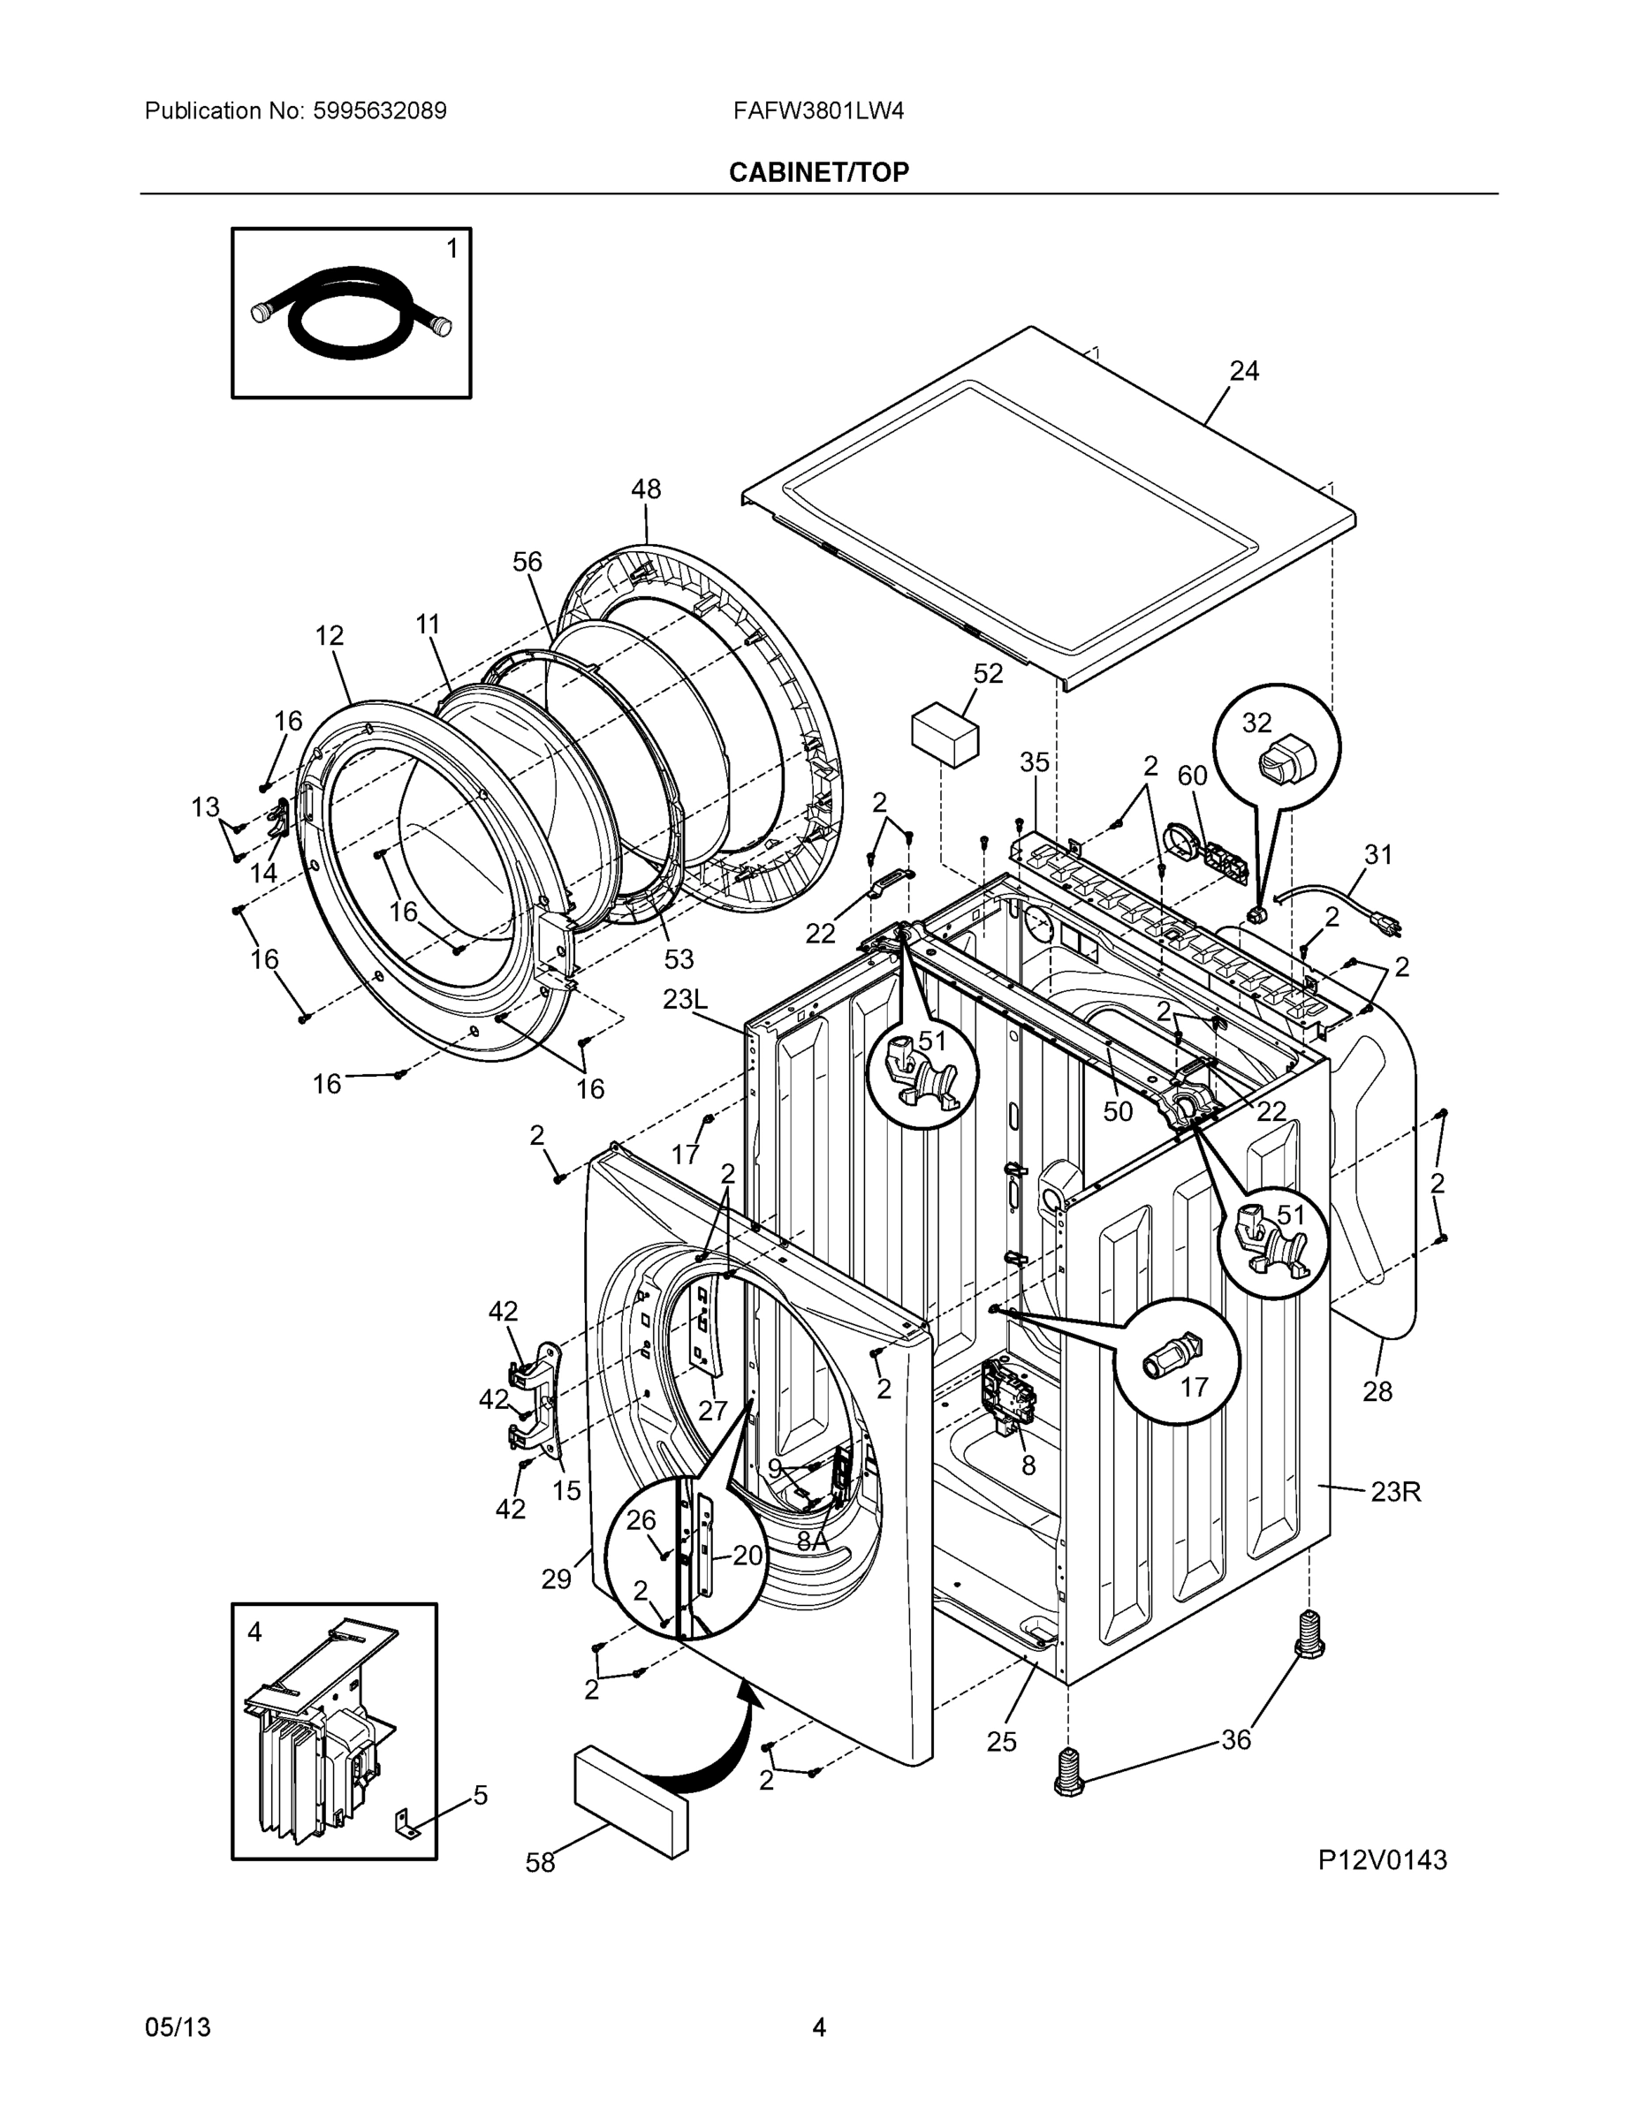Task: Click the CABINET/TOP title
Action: click(x=818, y=173)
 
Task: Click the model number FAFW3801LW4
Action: click(x=818, y=111)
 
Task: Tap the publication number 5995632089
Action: click(x=380, y=111)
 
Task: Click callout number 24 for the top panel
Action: click(x=1244, y=371)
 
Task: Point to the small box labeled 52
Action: click(x=945, y=737)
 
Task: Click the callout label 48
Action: click(x=646, y=489)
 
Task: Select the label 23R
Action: click(x=1395, y=1491)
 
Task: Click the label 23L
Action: click(x=686, y=999)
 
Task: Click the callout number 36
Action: click(x=1235, y=1739)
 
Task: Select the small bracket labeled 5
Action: click(x=406, y=1827)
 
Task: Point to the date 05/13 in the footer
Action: click(x=178, y=2027)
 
